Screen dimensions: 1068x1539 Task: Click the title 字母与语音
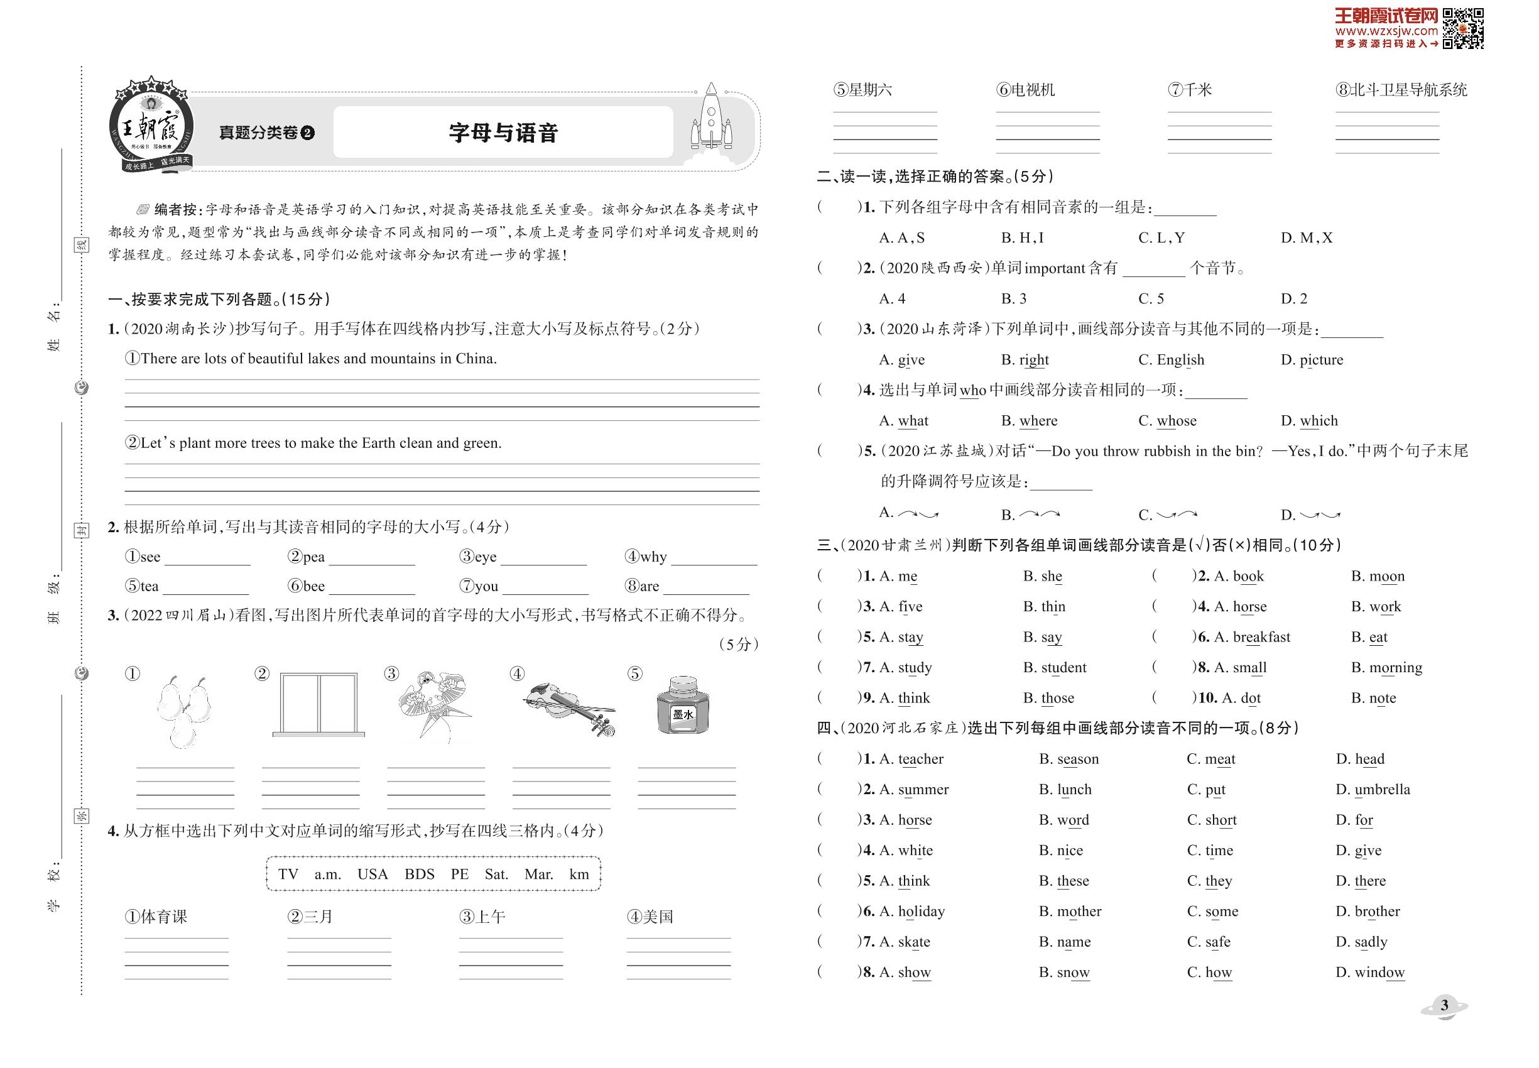[x=503, y=133]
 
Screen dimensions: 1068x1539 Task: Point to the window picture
[x=318, y=704]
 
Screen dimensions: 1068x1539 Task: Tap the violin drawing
[x=568, y=708]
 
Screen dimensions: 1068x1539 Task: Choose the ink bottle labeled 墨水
[x=683, y=706]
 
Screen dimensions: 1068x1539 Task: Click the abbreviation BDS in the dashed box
[x=420, y=874]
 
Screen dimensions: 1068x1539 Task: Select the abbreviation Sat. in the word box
[x=496, y=874]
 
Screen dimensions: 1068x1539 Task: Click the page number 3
[x=1444, y=1005]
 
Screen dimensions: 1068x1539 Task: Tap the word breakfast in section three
[x=1261, y=637]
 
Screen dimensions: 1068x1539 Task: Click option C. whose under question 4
[x=1168, y=421]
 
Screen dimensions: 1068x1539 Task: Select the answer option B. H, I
[x=1023, y=237]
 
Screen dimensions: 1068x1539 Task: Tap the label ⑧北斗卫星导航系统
[x=1401, y=90]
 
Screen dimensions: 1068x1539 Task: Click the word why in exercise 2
[x=653, y=557]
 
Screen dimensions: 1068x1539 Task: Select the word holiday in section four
[x=921, y=912]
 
